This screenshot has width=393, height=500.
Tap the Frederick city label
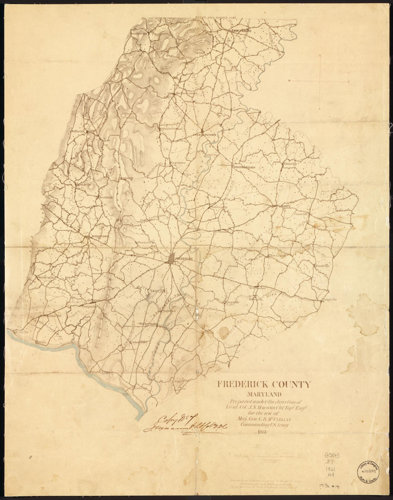point(185,258)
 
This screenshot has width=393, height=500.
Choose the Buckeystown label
point(148,324)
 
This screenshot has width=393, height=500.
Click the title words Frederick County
point(263,385)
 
